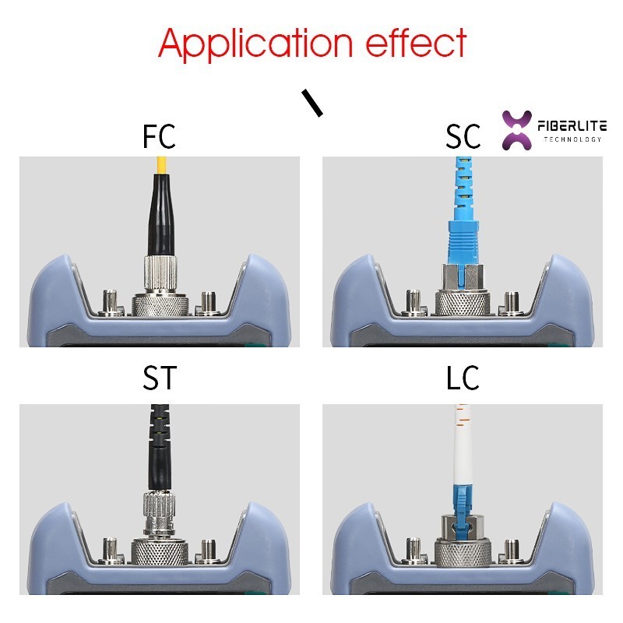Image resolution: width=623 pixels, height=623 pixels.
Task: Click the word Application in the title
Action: click(255, 44)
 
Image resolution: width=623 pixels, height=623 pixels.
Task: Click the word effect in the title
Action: click(416, 42)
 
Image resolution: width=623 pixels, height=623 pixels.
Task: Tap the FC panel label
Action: click(159, 136)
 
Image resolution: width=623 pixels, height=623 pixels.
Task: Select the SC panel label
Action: click(463, 136)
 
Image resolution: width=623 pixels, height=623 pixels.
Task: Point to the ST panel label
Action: click(160, 378)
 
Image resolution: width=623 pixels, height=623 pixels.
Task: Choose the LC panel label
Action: click(463, 378)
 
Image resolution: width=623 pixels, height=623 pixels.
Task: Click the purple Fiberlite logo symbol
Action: click(517, 130)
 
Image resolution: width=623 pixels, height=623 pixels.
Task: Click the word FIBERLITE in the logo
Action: click(572, 126)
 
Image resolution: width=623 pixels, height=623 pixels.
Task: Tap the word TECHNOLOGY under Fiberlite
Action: click(572, 139)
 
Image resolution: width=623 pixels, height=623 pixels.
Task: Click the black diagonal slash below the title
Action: click(312, 103)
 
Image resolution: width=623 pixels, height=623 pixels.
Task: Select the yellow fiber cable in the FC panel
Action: click(161, 165)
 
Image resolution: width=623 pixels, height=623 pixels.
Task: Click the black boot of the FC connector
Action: click(160, 214)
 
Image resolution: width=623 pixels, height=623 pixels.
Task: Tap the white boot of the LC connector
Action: click(461, 445)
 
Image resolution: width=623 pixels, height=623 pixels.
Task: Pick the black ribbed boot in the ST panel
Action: click(160, 447)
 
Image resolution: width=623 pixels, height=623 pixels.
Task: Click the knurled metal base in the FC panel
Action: click(160, 305)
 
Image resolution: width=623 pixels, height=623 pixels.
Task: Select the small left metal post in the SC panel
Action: click(414, 302)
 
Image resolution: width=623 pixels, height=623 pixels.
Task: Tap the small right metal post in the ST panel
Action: click(208, 551)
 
